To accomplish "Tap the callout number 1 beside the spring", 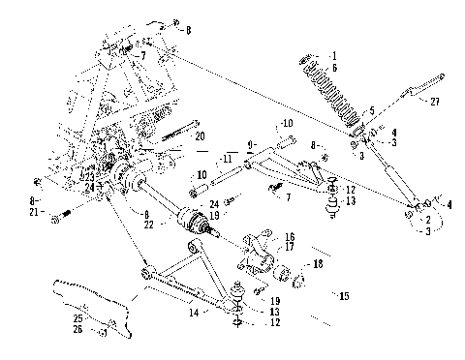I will tap(335, 55).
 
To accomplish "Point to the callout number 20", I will tap(201, 137).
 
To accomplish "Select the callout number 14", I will tap(194, 314).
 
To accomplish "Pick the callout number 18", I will tap(317, 262).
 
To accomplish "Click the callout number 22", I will tap(148, 225).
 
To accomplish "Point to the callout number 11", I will tap(228, 157).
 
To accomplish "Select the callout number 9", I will tap(251, 144).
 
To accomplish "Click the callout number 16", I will tap(289, 236).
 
